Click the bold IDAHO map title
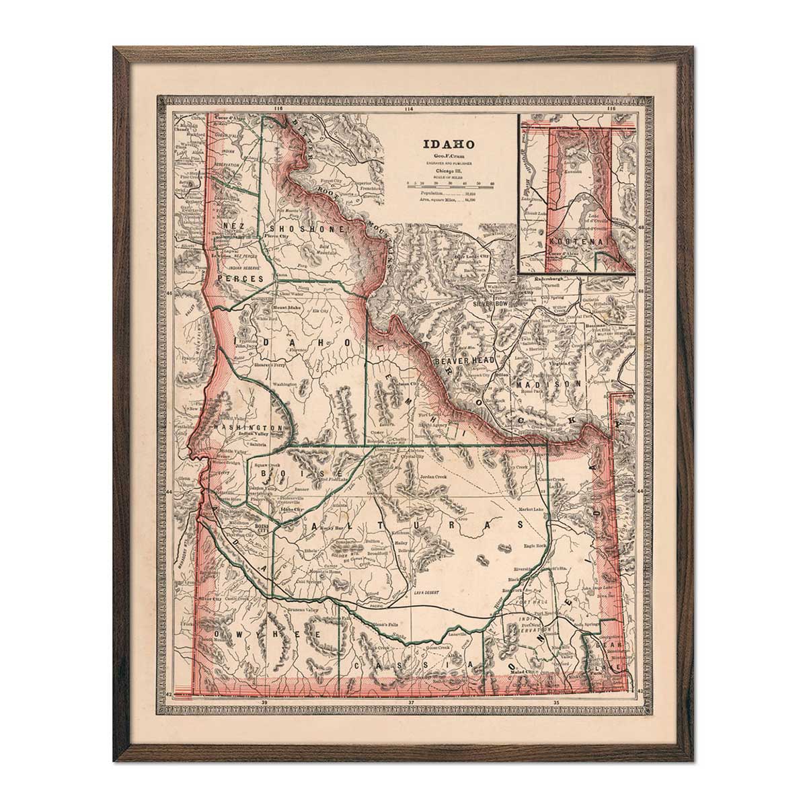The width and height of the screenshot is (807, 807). click(449, 144)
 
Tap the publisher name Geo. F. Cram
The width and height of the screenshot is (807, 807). click(449, 155)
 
